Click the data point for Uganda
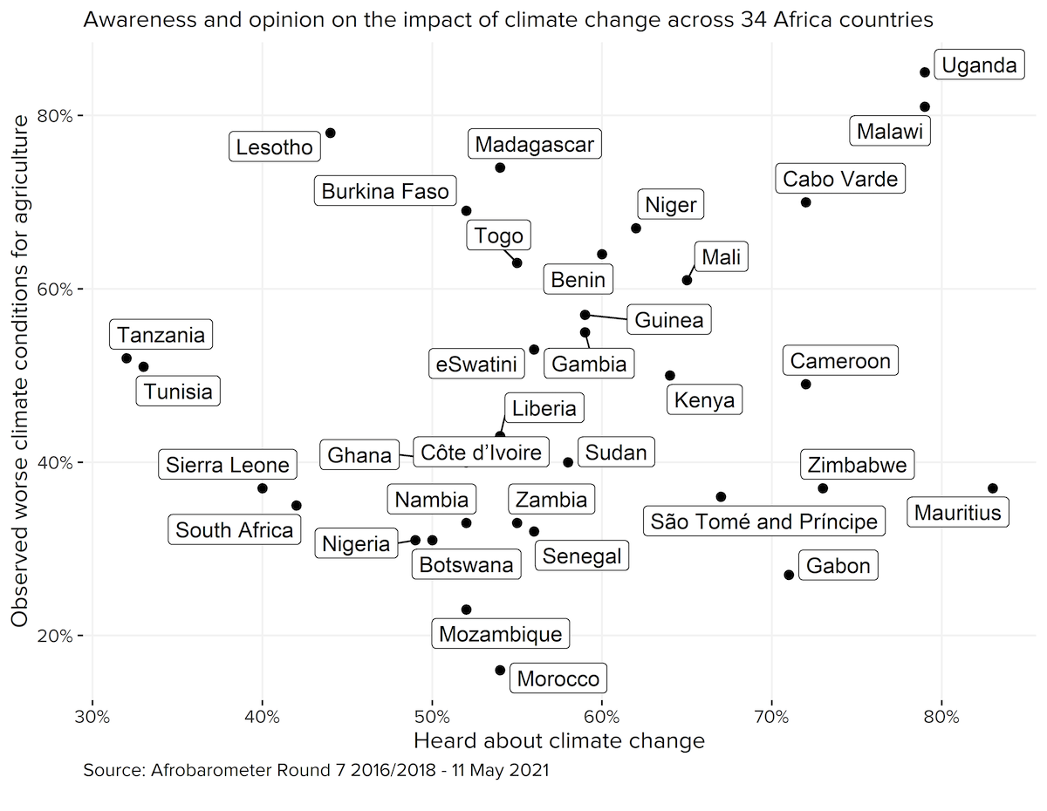click(925, 72)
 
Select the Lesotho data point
click(330, 133)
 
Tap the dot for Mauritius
click(992, 488)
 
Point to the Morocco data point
click(500, 670)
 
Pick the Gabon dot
click(789, 575)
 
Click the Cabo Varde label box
click(840, 180)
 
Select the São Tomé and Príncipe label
click(764, 521)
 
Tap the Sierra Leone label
click(228, 465)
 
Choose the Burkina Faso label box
click(386, 191)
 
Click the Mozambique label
click(501, 633)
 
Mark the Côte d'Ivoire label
click(481, 453)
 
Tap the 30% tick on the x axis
click(92, 718)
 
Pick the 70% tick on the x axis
click(772, 718)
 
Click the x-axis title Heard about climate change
click(558, 741)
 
